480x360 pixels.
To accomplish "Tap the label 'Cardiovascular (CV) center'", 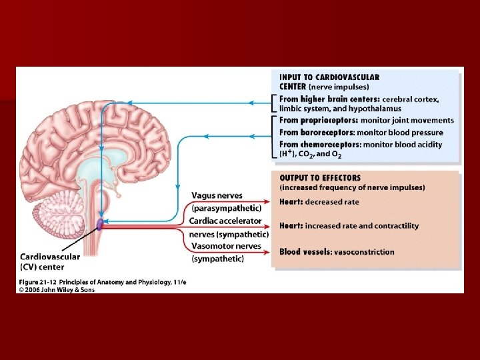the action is click(x=50, y=261).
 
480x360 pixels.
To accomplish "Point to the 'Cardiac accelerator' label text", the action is click(x=225, y=221).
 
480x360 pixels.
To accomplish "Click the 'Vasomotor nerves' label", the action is click(x=227, y=246).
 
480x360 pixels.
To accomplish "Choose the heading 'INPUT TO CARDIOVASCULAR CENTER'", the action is click(x=329, y=81).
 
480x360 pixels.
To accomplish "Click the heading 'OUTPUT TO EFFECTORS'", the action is click(x=320, y=178).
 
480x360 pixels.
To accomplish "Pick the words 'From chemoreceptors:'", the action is click(x=320, y=144).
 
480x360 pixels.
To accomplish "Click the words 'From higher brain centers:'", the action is click(x=329, y=99).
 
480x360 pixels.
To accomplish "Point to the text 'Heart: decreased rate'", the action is click(x=319, y=202).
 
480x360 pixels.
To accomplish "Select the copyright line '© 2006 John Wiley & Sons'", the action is click(x=57, y=290).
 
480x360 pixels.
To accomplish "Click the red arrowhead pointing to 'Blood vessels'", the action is click(x=268, y=251).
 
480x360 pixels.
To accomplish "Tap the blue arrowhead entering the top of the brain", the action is click(x=130, y=103).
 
